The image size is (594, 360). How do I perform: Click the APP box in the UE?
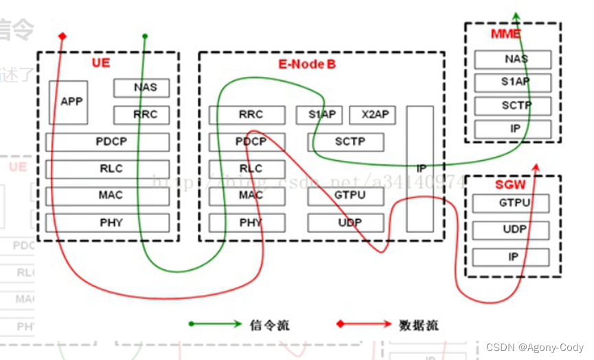coord(69,102)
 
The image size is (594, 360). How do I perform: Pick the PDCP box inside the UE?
coord(107,142)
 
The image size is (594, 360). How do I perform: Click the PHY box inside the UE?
coord(107,222)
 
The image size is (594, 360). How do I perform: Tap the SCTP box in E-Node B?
coord(345,142)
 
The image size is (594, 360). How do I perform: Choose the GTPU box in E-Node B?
coord(345,196)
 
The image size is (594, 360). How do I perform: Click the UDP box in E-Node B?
coord(345,223)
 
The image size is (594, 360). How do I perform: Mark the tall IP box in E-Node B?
coord(420,168)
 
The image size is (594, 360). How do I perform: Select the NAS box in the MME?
coord(512,59)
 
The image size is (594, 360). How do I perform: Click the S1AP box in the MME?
coord(512,83)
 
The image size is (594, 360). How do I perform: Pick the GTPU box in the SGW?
coord(511,203)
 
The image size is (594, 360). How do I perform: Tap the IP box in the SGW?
coord(511,257)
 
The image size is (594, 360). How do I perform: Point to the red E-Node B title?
coord(307,64)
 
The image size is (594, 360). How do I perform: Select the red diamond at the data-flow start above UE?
coord(62,36)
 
